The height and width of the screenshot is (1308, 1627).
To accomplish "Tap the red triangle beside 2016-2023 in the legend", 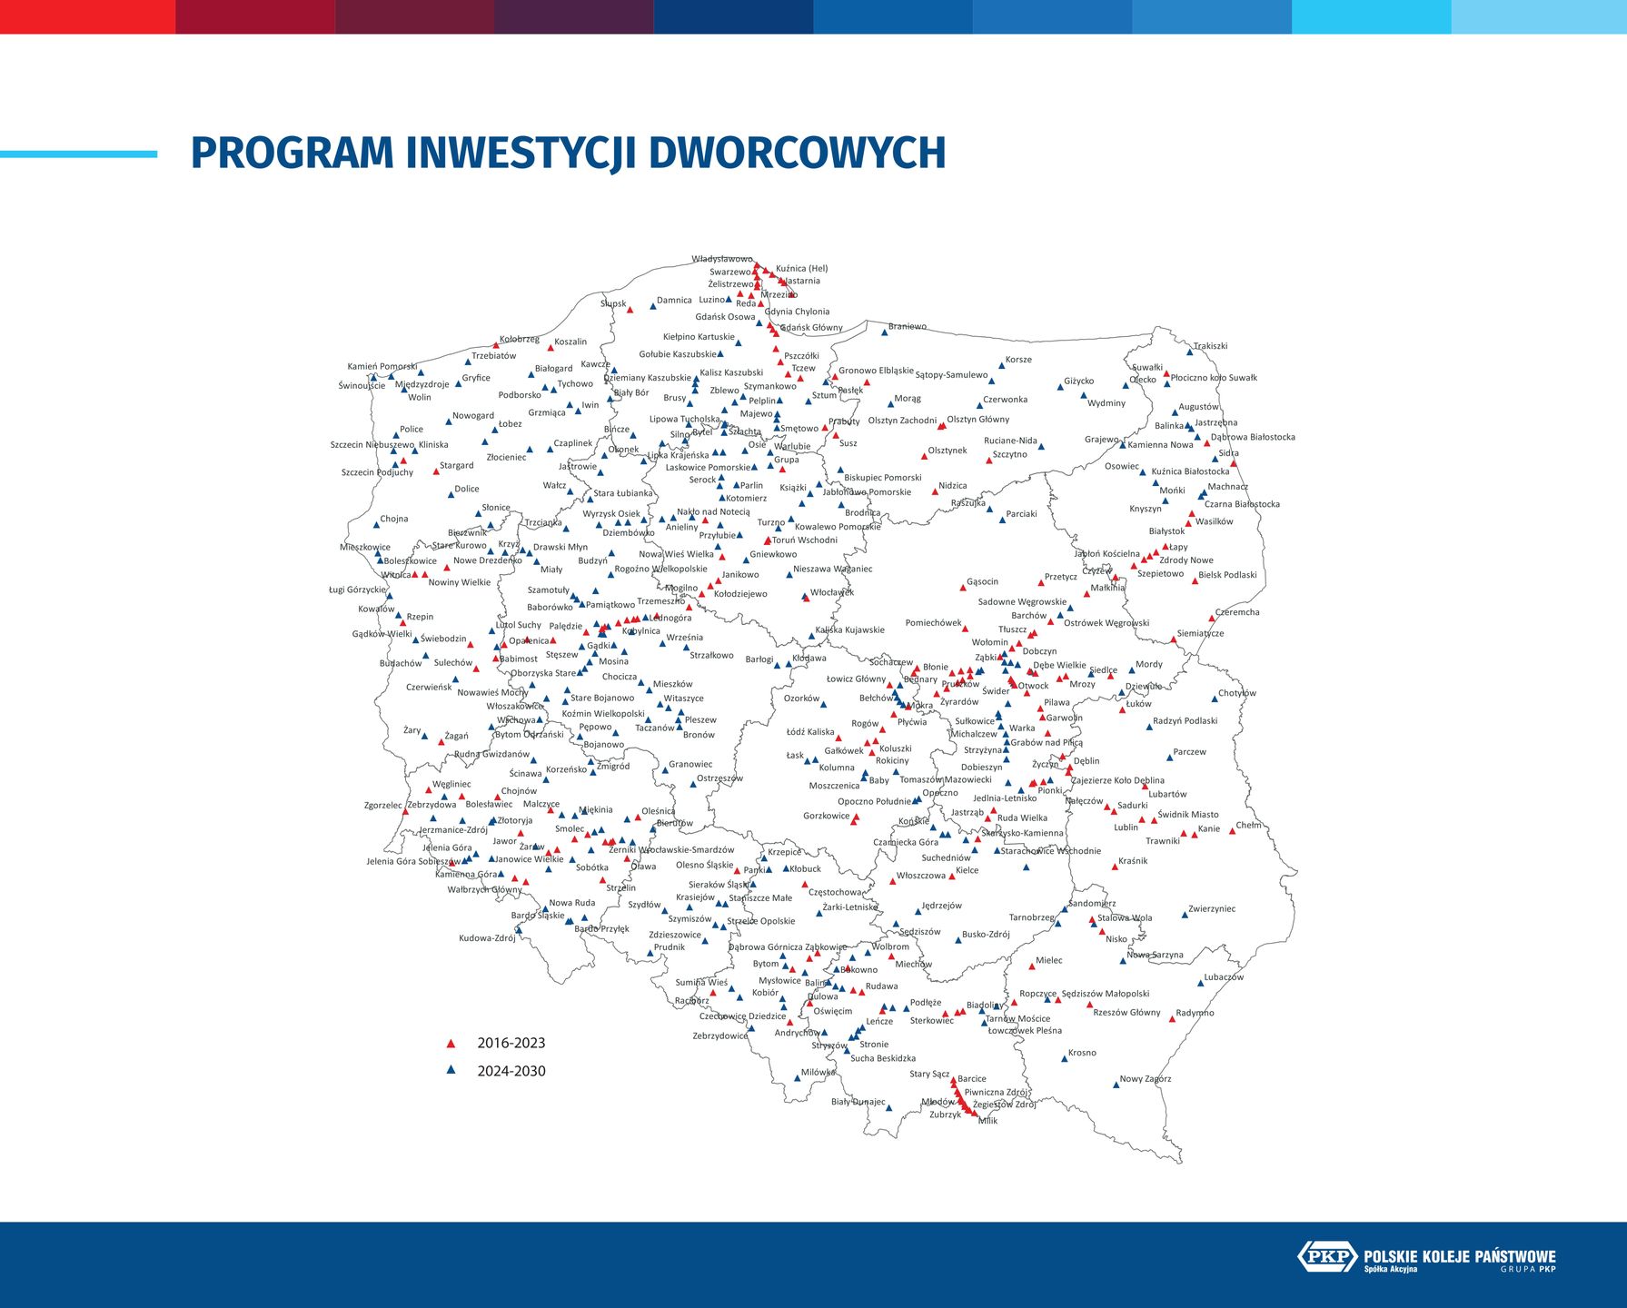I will point(451,1044).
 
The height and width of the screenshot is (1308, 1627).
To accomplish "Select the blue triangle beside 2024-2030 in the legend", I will point(451,1071).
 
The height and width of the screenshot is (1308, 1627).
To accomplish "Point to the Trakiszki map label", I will point(1210,346).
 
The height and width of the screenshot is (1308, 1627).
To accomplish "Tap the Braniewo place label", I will point(907,326).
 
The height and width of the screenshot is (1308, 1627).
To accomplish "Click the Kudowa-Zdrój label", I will point(487,938).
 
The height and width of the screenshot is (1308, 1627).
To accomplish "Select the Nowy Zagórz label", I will point(1145,1079).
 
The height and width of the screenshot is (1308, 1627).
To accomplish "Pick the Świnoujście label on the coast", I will point(362,385).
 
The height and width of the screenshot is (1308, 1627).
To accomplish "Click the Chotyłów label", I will point(1236,693).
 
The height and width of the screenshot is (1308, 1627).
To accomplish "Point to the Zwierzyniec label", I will point(1212,908).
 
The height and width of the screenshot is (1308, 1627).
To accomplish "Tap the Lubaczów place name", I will point(1224,977).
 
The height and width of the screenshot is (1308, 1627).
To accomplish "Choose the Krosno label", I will point(1082,1053).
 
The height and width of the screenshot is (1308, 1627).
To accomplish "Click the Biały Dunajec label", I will point(858,1102).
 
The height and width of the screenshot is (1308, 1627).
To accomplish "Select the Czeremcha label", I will point(1237,612).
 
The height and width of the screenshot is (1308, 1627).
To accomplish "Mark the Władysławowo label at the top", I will point(722,259).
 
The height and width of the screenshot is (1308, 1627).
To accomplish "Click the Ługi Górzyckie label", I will point(357,590).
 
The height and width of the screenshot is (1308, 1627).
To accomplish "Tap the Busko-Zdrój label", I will point(986,934).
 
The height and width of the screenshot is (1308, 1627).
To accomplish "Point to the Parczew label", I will point(1189,751).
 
